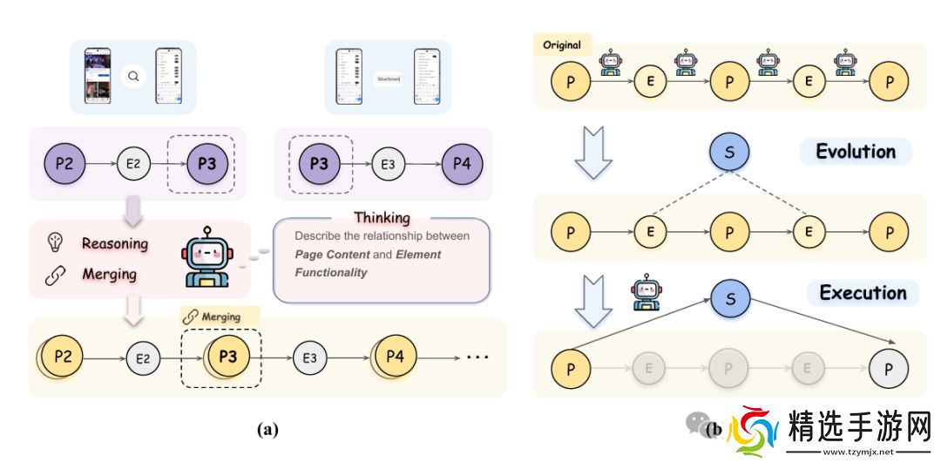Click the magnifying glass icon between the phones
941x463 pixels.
[133, 77]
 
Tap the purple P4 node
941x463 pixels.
[463, 162]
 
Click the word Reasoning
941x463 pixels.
[114, 243]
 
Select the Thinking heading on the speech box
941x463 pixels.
[382, 217]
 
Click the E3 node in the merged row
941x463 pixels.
[309, 357]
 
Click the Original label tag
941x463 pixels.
[562, 44]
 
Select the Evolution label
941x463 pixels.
[855, 152]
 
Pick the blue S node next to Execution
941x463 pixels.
[730, 299]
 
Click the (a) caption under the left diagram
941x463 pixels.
[267, 428]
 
